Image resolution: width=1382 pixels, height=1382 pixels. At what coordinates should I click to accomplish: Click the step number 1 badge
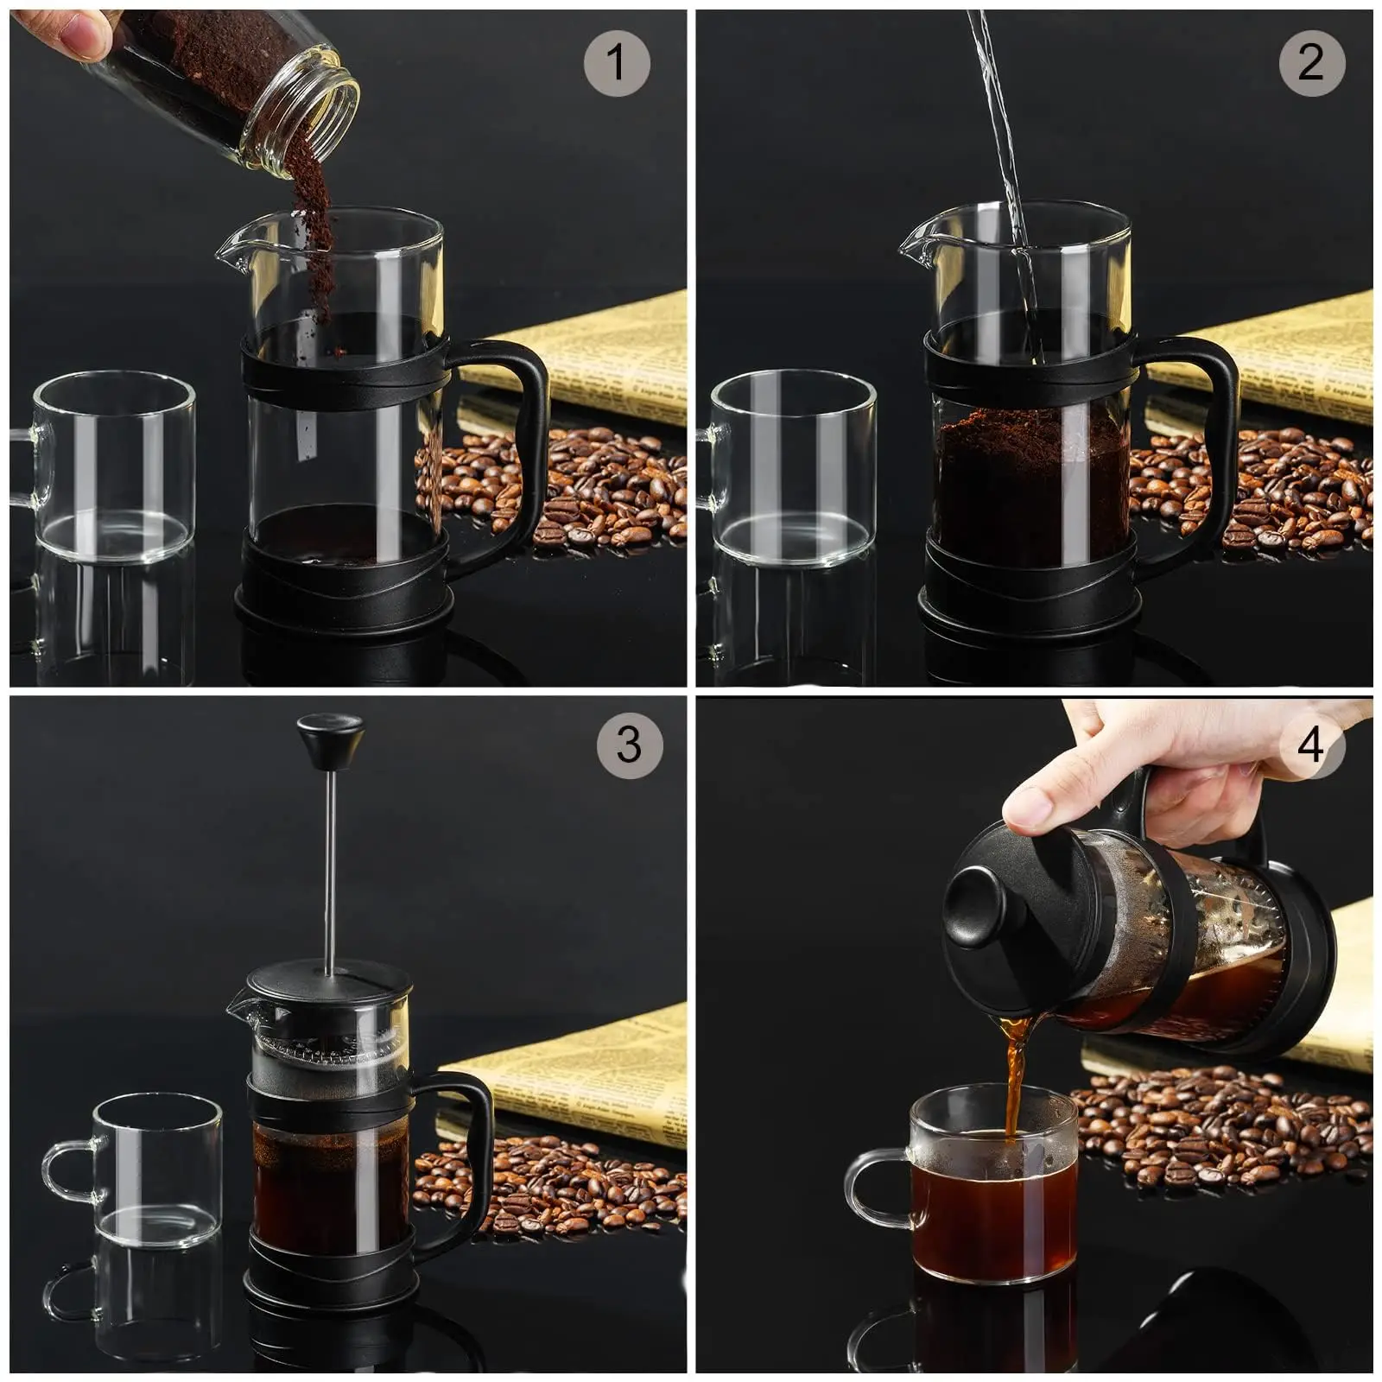[x=616, y=62]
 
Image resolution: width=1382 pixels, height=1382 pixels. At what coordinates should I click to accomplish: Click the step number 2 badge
[x=1311, y=62]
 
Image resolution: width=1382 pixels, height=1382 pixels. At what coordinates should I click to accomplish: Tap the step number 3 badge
[x=629, y=745]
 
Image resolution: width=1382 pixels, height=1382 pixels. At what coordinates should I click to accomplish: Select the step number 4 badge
[x=1311, y=745]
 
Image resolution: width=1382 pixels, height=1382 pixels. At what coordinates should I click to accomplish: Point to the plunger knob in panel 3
[x=330, y=739]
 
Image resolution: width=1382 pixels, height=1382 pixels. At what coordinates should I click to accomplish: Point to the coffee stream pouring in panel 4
[x=1016, y=1071]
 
